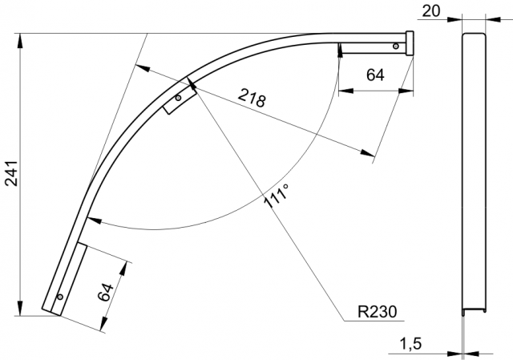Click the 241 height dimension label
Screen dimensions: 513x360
(x=13, y=173)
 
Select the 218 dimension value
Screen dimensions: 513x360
(x=252, y=98)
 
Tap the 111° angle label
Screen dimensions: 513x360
(x=277, y=196)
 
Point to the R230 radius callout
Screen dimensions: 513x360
(x=378, y=312)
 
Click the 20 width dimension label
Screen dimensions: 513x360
(x=431, y=11)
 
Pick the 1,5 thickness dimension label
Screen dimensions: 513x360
(x=410, y=344)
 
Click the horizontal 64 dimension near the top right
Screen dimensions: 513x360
(x=375, y=75)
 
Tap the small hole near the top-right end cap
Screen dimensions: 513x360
(x=396, y=47)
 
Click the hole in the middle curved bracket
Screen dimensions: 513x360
(x=178, y=98)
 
